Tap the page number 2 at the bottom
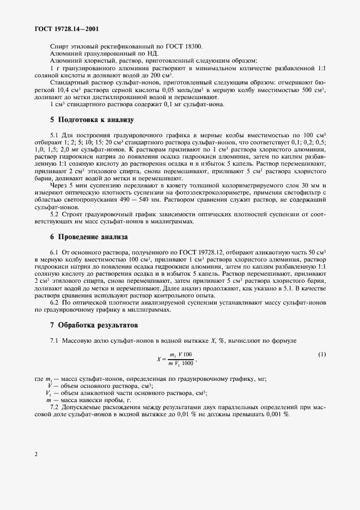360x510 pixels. coord(35,453)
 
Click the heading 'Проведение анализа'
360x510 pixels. coord(89,237)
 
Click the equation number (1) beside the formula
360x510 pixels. coord(321,355)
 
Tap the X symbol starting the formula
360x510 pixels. coord(158,359)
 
